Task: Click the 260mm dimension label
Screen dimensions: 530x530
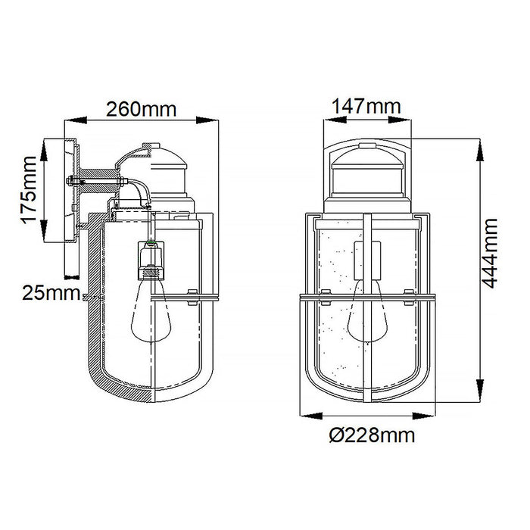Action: point(142,109)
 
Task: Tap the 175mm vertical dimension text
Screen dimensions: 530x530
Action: point(29,189)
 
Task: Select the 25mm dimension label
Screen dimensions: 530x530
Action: point(51,292)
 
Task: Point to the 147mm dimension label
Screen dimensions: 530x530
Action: point(366,106)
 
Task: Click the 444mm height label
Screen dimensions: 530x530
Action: point(489,253)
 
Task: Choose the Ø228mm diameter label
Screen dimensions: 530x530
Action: point(372,435)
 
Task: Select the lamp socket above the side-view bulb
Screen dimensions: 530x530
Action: point(151,260)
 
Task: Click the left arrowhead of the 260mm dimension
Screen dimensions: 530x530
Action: point(76,120)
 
